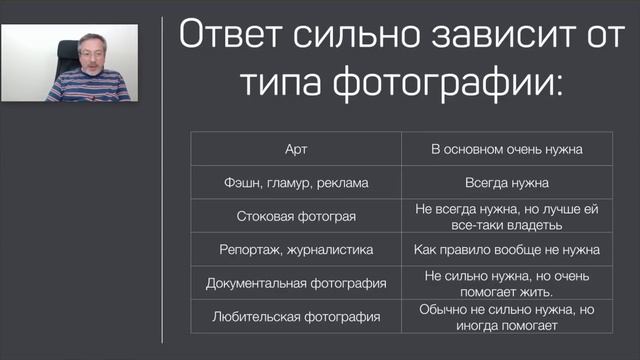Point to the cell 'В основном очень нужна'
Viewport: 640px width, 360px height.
(x=507, y=149)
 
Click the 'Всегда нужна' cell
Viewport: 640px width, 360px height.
(x=507, y=183)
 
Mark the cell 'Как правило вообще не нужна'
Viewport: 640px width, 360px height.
(x=507, y=249)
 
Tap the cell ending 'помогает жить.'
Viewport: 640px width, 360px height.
(x=507, y=283)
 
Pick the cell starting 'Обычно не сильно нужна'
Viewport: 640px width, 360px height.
(x=507, y=317)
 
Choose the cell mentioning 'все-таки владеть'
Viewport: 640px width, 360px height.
(x=507, y=216)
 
